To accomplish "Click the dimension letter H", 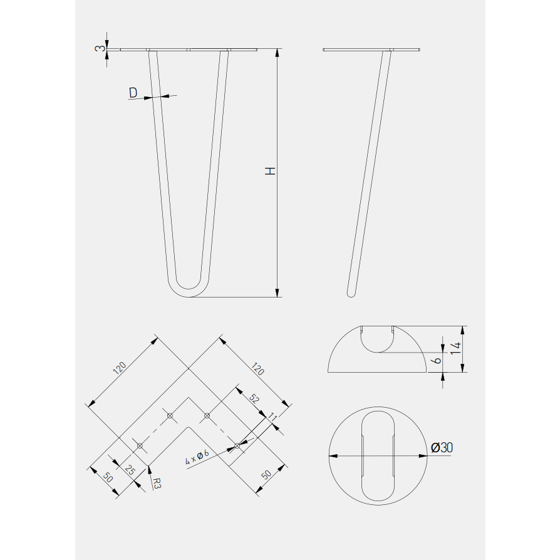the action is (271, 171).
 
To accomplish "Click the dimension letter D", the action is (133, 93).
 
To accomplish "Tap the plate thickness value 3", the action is (100, 48).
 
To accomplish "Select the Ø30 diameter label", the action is (442, 447).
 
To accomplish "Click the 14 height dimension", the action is (456, 348).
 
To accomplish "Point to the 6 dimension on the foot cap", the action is (437, 360).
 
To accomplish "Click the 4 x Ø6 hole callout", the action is (197, 457).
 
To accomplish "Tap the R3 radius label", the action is (157, 483).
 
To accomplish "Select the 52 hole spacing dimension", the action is (254, 398).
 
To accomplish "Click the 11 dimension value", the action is (272, 417).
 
